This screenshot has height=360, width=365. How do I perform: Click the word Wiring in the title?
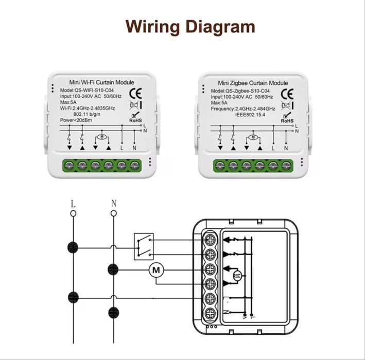[152, 27]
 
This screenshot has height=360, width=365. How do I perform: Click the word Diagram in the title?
[221, 27]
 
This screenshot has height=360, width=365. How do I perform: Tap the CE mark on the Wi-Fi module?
[135, 93]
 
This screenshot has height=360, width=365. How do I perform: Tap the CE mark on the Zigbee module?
[287, 94]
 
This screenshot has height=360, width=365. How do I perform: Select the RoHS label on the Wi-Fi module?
[135, 120]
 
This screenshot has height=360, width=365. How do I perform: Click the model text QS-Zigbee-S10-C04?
[248, 91]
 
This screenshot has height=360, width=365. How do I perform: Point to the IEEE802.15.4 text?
[250, 115]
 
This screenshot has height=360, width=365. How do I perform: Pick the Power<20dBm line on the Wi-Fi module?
[76, 120]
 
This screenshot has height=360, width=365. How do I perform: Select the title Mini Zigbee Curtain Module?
[253, 83]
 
